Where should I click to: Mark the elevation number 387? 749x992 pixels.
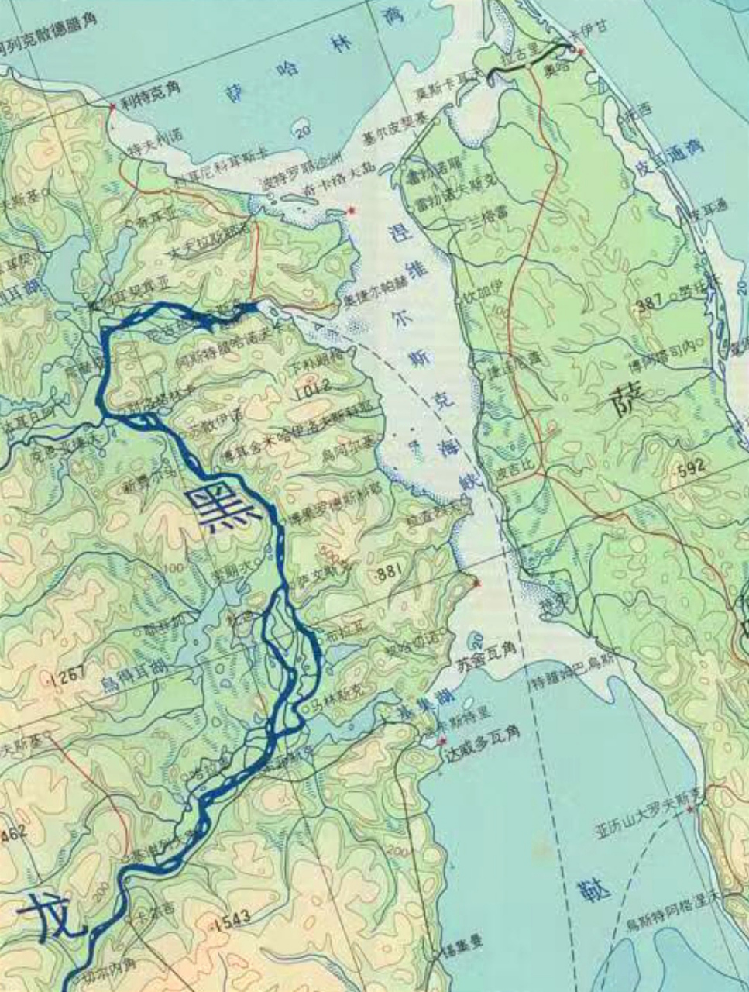tap(649, 305)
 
